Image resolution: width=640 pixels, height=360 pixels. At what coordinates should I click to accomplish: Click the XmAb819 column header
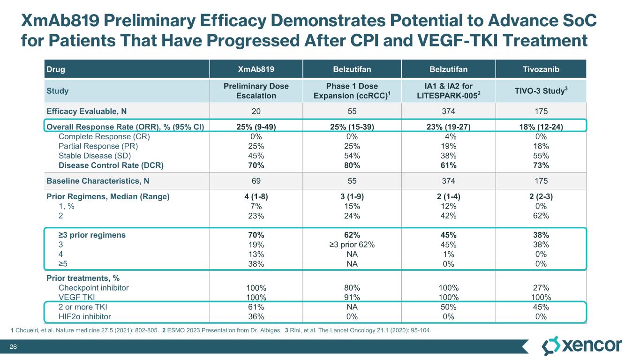[x=256, y=69]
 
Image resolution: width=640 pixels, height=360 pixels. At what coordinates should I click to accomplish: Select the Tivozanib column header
[x=541, y=69]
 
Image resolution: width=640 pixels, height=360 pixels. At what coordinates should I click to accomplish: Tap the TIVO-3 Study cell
[x=541, y=90]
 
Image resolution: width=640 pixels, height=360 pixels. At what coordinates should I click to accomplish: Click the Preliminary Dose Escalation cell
[x=256, y=90]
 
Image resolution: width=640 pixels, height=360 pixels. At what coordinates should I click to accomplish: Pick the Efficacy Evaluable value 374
[x=448, y=112]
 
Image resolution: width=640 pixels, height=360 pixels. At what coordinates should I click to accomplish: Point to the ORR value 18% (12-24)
[x=541, y=127]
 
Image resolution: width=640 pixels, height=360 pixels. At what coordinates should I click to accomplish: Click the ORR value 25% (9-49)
[x=256, y=127]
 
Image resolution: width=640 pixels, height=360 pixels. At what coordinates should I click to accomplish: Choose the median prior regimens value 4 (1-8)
[x=256, y=197]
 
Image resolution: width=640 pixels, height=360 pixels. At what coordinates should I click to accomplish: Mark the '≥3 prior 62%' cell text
[x=352, y=244]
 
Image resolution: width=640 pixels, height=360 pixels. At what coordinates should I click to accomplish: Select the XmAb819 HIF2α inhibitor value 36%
[x=256, y=316]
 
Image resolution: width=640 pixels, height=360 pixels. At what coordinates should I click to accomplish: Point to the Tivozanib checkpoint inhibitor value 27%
[x=541, y=287]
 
